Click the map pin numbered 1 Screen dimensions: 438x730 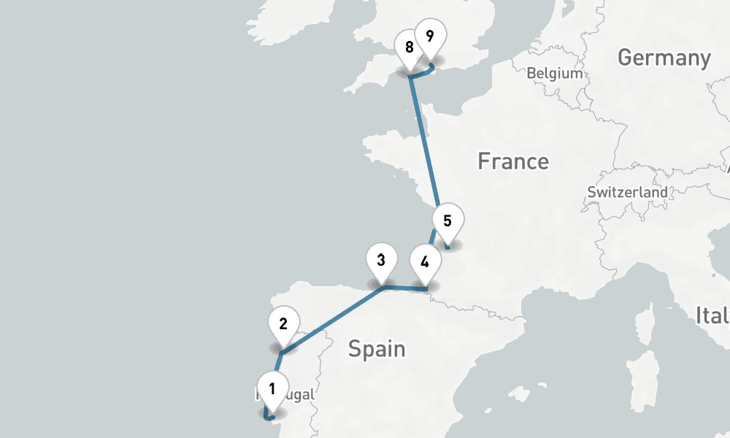click(x=272, y=389)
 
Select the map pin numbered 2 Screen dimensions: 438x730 click(x=283, y=323)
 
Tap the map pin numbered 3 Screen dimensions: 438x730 click(x=381, y=260)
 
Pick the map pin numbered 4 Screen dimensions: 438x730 click(x=425, y=261)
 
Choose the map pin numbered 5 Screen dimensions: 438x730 click(x=447, y=220)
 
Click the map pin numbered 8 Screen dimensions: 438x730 click(x=409, y=48)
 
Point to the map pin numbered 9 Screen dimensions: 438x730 click(x=430, y=36)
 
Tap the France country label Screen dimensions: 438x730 click(x=512, y=161)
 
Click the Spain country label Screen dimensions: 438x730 click(x=376, y=349)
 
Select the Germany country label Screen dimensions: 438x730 click(x=664, y=58)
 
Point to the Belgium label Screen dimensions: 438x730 click(x=555, y=73)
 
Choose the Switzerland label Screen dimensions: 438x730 click(x=627, y=193)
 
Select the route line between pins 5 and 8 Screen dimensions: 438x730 click(x=423, y=139)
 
